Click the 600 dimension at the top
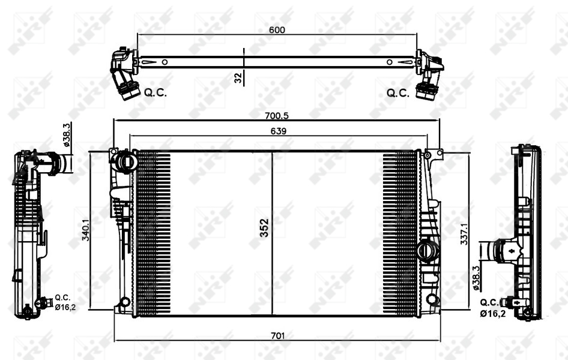tap(277, 29)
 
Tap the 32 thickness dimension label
tap(238, 78)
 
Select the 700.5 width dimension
tap(277, 116)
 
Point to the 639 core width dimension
tap(278, 131)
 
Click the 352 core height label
tap(264, 227)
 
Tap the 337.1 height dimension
tap(464, 234)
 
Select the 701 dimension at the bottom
tap(277, 336)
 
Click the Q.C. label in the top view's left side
tap(156, 92)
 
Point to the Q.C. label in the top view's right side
tap(397, 93)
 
